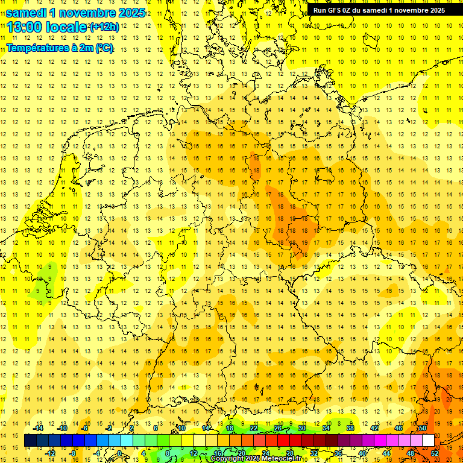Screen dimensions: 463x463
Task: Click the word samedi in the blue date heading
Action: [30, 13]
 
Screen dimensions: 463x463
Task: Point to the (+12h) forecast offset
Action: [104, 27]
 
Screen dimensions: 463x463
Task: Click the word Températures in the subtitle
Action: [35, 48]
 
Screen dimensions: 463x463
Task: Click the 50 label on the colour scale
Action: [423, 428]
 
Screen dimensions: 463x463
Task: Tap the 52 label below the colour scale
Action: [435, 453]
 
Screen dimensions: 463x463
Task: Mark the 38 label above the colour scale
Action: [350, 428]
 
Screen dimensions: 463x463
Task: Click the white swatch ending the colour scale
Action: [428, 441]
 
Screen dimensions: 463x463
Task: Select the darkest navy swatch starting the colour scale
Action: [30, 441]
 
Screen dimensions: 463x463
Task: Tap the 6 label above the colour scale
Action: [156, 428]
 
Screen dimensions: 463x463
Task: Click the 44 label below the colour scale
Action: [386, 453]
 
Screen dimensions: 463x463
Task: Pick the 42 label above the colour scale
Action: [374, 428]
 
